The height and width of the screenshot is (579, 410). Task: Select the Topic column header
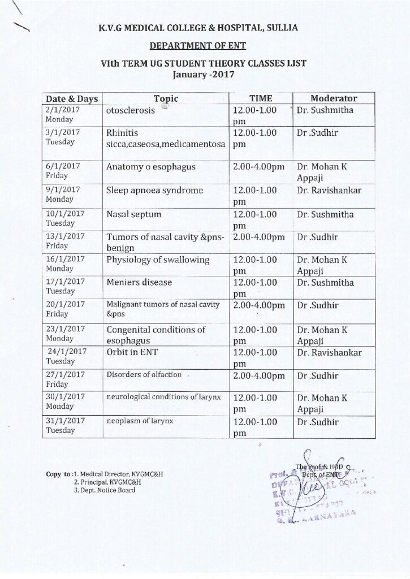[x=165, y=98]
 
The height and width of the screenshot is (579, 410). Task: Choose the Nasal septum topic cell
[x=134, y=215]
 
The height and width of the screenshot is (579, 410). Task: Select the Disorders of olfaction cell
[x=144, y=374]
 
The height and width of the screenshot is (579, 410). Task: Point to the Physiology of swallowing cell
[x=158, y=260]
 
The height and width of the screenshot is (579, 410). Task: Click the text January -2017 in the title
[x=206, y=73]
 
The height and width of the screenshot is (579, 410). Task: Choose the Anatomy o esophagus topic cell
[x=150, y=167]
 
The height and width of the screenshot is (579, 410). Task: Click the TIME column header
[x=262, y=98]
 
